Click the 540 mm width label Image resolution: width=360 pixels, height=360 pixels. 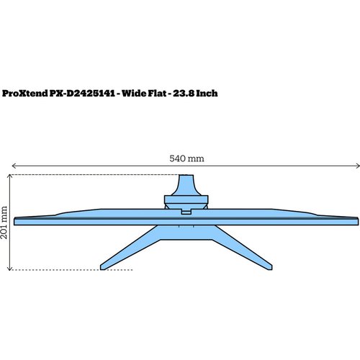186,158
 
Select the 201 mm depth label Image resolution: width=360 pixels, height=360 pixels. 6,222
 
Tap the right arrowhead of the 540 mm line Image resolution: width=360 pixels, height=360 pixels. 357,167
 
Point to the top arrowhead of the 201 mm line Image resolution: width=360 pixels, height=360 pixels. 8,176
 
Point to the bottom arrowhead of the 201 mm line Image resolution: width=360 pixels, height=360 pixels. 8,269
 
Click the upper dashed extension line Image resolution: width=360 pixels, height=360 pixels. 94,175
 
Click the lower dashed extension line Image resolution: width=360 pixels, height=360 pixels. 72,270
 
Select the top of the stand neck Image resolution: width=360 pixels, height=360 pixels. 186,176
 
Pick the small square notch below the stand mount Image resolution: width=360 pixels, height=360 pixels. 186,212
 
